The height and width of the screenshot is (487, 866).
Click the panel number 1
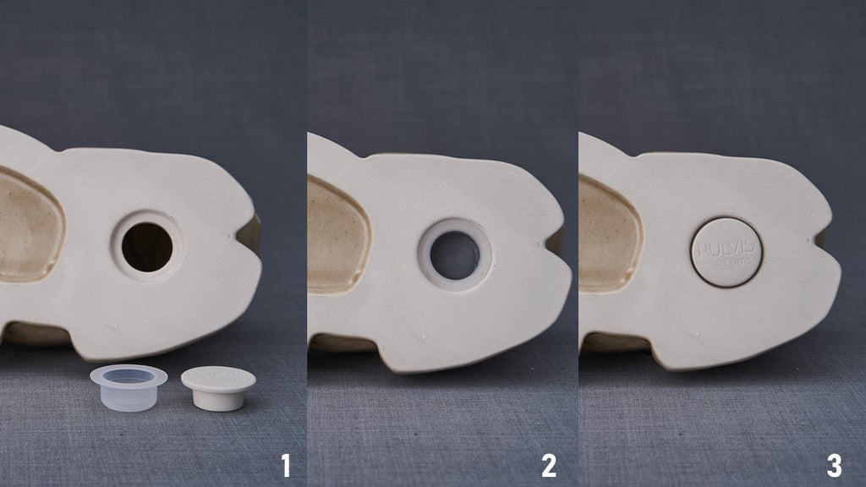[285, 464]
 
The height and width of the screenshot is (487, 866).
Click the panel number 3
[834, 464]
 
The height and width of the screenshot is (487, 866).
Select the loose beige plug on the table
[218, 388]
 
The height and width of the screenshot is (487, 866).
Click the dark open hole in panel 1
[146, 247]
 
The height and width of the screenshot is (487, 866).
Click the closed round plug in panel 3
[726, 252]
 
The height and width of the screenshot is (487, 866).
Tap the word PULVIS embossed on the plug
[726, 247]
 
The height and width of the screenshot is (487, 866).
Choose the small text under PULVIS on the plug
[730, 262]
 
